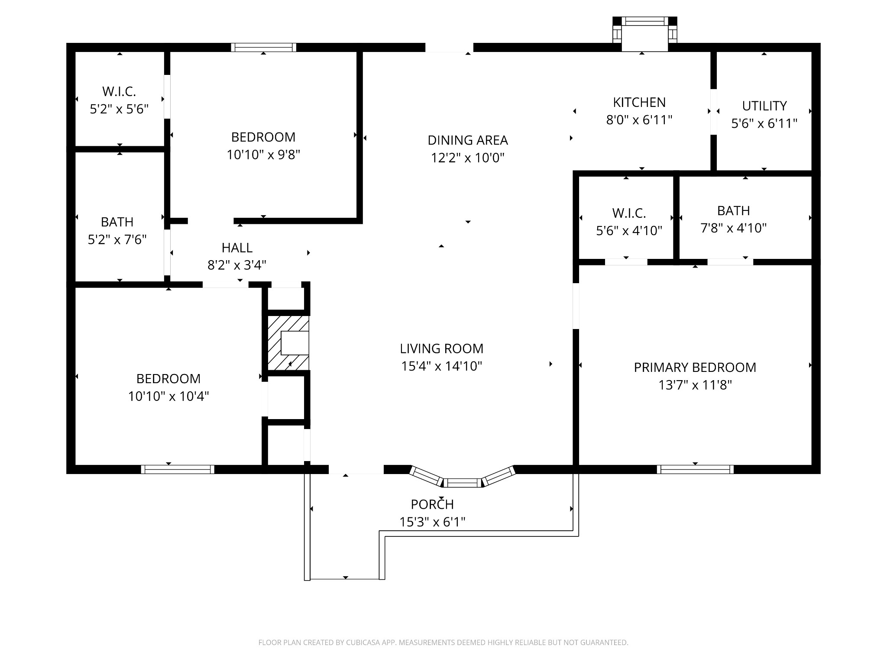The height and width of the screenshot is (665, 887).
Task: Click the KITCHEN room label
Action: (639, 103)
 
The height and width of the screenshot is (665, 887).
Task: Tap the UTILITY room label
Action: (764, 106)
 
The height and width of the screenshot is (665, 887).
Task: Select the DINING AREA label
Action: (468, 140)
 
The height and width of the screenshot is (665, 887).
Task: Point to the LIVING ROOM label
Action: (441, 349)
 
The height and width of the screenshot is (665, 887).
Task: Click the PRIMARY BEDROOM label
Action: (695, 368)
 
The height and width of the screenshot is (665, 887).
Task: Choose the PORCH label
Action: (432, 504)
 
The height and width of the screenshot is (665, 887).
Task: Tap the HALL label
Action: (237, 248)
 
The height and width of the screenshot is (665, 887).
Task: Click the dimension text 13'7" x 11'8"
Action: (695, 385)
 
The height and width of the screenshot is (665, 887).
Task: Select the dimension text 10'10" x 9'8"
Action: (263, 155)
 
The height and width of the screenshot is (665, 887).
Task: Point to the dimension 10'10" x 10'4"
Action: (168, 396)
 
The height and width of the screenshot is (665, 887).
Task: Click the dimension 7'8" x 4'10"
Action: (734, 228)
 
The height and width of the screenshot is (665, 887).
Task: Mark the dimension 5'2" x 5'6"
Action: (119, 109)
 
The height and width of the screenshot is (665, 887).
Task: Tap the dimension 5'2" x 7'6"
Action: (117, 239)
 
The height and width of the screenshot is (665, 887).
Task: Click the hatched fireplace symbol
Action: (288, 343)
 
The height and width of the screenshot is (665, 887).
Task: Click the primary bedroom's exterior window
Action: (695, 469)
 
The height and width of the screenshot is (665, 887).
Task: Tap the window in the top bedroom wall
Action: (263, 47)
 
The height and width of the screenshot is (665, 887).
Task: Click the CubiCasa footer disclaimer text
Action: (443, 642)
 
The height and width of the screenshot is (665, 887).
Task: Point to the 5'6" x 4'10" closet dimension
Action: (629, 231)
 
